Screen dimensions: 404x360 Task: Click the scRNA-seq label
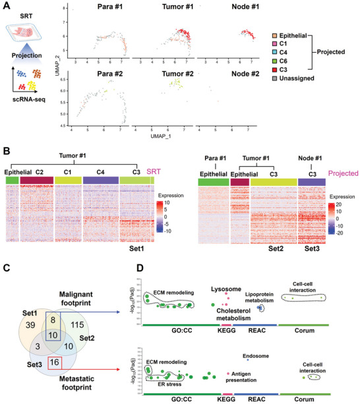pyautogui.click(x=27, y=101)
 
